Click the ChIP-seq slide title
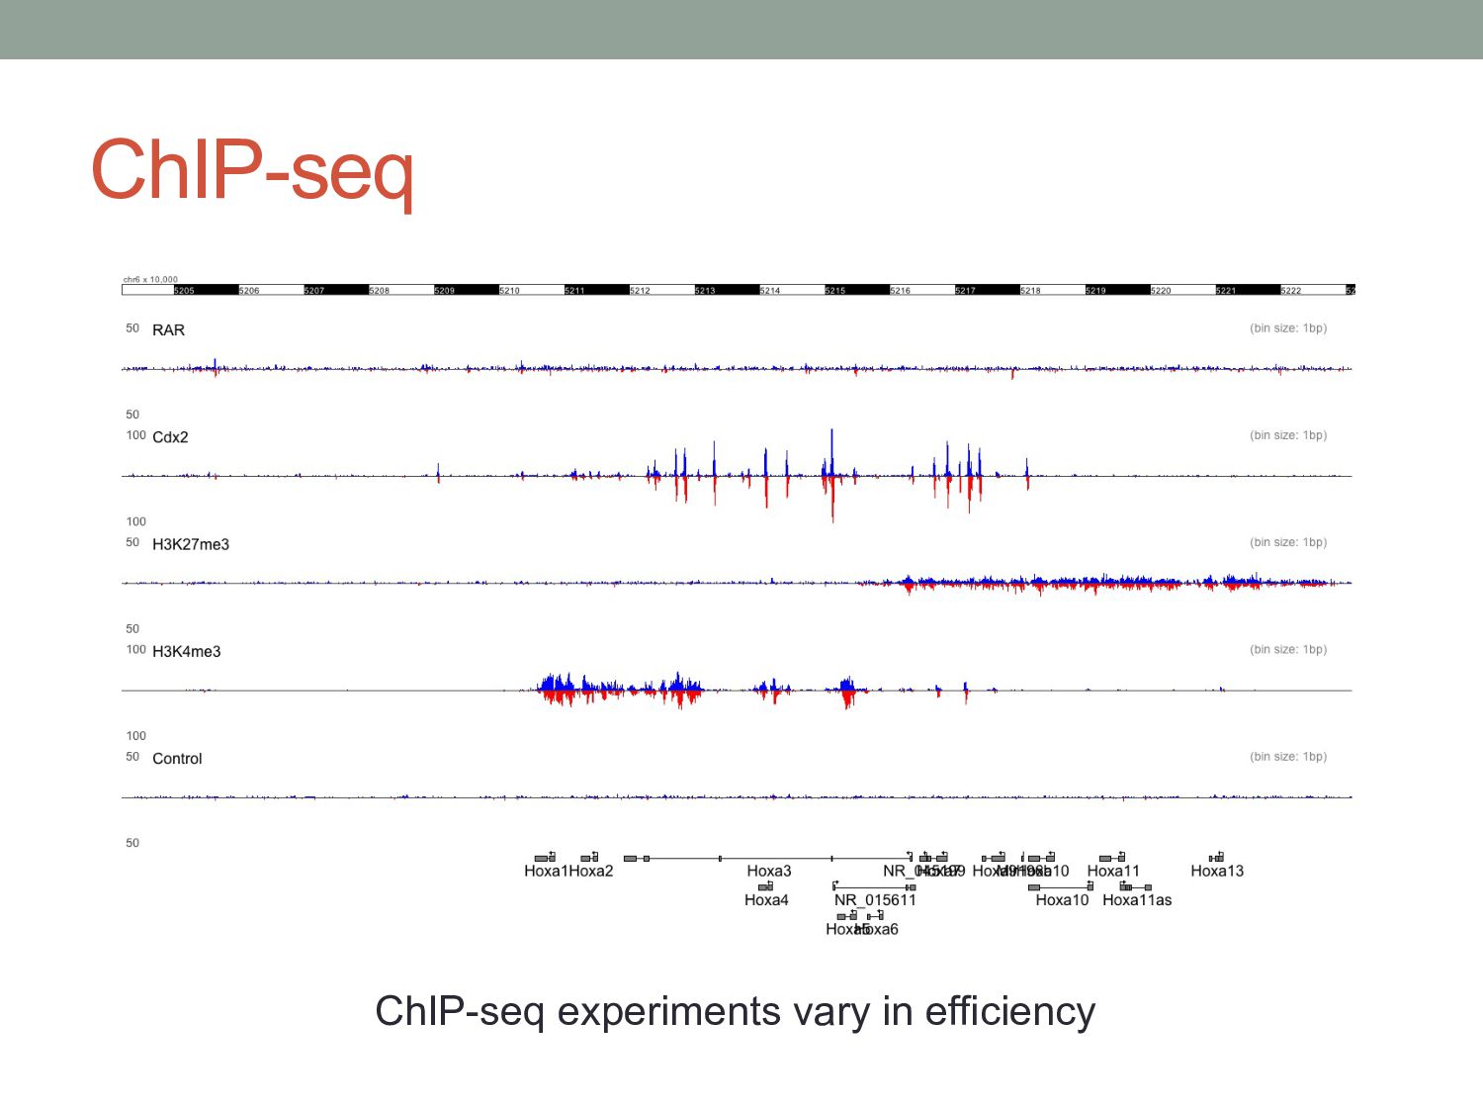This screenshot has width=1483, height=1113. (252, 170)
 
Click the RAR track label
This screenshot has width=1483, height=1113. (168, 330)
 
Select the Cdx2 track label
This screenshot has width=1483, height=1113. (170, 437)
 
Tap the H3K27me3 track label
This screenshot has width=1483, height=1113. (191, 544)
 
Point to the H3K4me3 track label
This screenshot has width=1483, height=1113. (187, 651)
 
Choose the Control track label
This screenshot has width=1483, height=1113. (177, 759)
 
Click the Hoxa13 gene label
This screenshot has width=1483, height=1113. (1217, 871)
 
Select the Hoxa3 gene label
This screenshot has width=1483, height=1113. (769, 871)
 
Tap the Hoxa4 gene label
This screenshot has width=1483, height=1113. (766, 900)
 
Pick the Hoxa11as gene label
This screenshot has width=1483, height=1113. (1137, 900)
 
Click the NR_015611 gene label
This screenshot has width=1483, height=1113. (875, 900)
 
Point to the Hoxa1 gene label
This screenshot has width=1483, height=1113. (546, 871)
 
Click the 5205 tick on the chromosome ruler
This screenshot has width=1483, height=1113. (185, 291)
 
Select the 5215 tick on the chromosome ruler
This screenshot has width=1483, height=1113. (835, 291)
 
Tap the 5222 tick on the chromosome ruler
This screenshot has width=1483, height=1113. (1291, 291)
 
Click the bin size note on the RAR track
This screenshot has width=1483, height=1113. (1288, 328)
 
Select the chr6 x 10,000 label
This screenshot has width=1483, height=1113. (150, 280)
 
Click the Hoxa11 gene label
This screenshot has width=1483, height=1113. (1113, 871)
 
